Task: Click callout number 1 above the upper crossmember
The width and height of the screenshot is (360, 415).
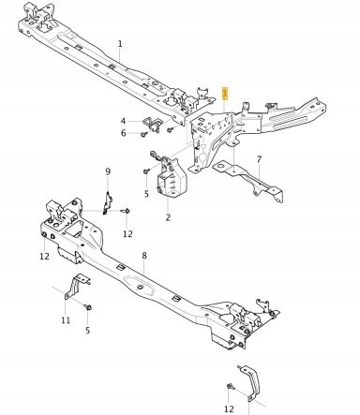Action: [120, 44]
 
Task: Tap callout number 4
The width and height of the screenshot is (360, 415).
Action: [123, 121]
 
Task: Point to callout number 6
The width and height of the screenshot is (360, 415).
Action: [123, 133]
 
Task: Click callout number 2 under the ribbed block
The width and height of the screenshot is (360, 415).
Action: [168, 217]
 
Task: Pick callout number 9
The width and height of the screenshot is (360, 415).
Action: [108, 171]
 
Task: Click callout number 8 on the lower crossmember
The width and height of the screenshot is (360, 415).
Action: [143, 255]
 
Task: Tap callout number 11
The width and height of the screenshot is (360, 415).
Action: [66, 321]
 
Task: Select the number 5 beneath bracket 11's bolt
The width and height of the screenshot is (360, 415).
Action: [88, 330]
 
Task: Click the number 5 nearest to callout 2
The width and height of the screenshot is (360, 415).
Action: [146, 194]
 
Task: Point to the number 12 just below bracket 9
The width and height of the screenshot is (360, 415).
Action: [127, 232]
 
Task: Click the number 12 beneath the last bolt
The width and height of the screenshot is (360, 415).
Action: [230, 409]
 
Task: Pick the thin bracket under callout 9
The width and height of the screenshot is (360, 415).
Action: [108, 200]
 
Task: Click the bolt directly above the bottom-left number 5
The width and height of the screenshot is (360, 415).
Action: [87, 307]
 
